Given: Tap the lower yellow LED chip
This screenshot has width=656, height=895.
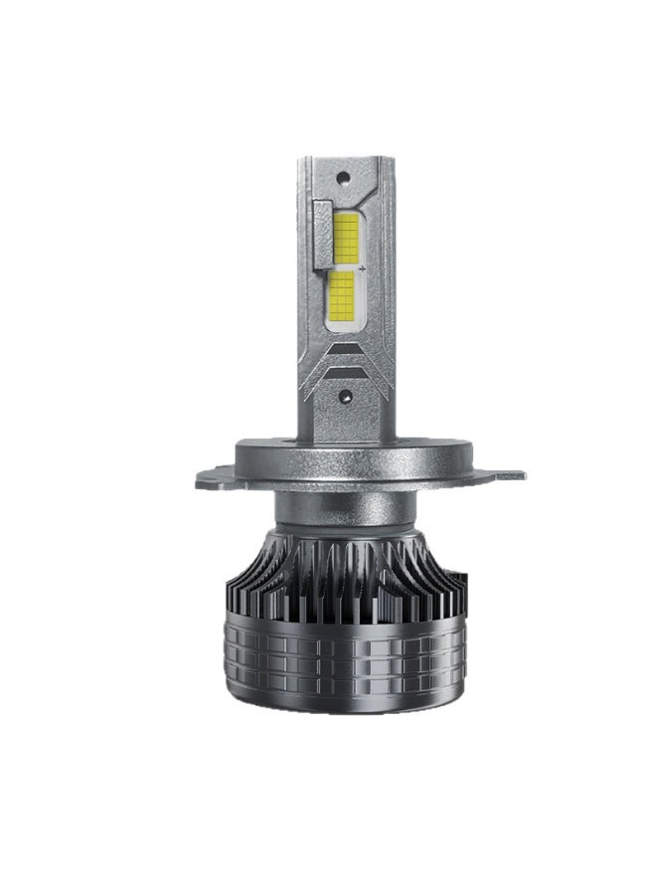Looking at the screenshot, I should pos(341,296).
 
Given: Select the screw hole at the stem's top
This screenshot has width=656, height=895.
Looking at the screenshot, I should pos(342,179).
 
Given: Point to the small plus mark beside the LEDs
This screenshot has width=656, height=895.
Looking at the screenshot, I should pos(364,268).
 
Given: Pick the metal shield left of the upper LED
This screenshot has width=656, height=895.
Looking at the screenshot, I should pos(322,232).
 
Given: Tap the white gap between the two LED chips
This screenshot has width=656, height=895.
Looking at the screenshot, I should pos(344,267).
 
